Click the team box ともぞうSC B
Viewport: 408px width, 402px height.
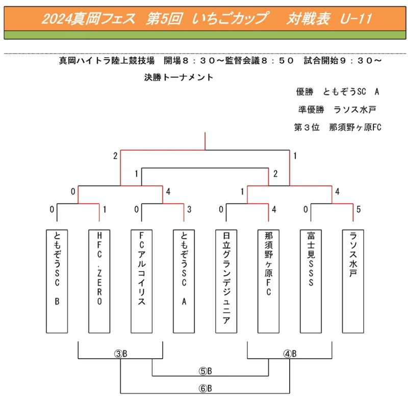tap(57, 281)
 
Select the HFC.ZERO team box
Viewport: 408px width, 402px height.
tap(99, 281)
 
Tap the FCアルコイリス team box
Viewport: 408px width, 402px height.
tap(142, 281)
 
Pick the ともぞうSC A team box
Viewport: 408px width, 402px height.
tap(184, 281)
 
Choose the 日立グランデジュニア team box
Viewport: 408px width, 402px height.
tap(226, 281)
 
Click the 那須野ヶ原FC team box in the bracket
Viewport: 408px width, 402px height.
tap(268, 281)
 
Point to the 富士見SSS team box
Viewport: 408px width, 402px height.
tap(311, 281)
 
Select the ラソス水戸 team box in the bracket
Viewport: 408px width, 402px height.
tap(353, 281)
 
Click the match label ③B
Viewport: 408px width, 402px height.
tap(121, 354)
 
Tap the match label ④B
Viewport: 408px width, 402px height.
tap(290, 354)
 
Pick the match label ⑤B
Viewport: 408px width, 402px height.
tap(206, 371)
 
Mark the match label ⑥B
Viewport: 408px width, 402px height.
tap(206, 388)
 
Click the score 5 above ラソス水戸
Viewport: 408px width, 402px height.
tap(359, 209)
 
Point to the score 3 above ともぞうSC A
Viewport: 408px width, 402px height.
tap(189, 209)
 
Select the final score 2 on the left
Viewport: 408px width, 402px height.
tap(115, 156)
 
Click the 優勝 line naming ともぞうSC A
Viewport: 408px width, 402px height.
tap(338, 92)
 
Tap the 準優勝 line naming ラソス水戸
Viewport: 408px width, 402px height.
tap(337, 110)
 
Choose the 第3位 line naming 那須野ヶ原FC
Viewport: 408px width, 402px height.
tap(338, 128)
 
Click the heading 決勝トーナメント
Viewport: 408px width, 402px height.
tap(179, 78)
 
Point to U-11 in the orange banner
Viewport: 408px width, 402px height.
tap(356, 19)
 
